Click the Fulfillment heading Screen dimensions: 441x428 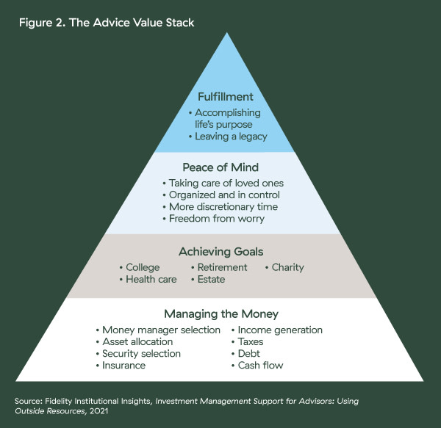pyautogui.click(x=226, y=97)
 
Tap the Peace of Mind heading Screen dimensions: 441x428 pyautogui.click(x=220, y=167)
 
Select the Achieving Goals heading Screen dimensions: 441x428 pyautogui.click(x=221, y=252)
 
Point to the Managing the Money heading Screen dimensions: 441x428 pyautogui.click(x=221, y=314)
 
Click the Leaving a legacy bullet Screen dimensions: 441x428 pyautogui.click(x=228, y=137)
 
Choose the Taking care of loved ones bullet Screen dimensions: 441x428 pyautogui.click(x=223, y=183)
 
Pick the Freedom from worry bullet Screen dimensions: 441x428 pyautogui.click(x=213, y=219)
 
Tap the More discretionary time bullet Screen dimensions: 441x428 pyautogui.click(x=220, y=207)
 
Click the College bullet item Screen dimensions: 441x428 pyautogui.click(x=140, y=268)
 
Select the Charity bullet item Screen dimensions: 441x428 pyautogui.click(x=284, y=268)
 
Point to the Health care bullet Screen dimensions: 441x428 pyautogui.click(x=148, y=280)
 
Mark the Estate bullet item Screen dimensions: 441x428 pyautogui.click(x=208, y=280)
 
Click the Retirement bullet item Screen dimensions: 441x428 pyautogui.click(x=219, y=267)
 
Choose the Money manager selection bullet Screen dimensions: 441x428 pyautogui.click(x=158, y=330)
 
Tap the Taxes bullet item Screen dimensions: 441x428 pyautogui.click(x=248, y=342)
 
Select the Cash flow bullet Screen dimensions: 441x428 pyautogui.click(x=257, y=366)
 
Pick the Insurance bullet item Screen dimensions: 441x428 pyautogui.click(x=121, y=366)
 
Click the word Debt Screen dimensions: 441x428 pyautogui.click(x=249, y=354)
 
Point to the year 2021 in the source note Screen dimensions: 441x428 pyautogui.click(x=99, y=411)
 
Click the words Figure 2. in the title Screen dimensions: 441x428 pyautogui.click(x=42, y=23)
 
